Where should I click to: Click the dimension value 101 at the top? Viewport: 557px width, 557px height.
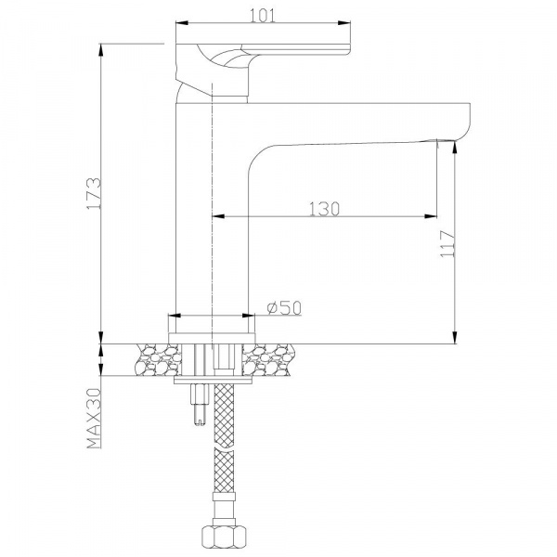coord(263,15)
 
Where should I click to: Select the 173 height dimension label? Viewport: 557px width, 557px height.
coord(94,194)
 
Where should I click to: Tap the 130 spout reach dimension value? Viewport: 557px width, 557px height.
coord(324,209)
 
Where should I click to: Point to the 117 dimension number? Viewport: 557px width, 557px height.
coord(447,243)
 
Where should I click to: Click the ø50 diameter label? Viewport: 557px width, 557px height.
coord(284,307)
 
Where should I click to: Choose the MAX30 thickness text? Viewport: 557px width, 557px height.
coord(94,418)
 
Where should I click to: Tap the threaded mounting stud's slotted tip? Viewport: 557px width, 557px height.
coord(200,421)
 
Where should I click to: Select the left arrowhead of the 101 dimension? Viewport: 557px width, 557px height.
coord(182,23)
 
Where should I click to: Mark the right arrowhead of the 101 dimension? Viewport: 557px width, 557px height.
coord(344,23)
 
